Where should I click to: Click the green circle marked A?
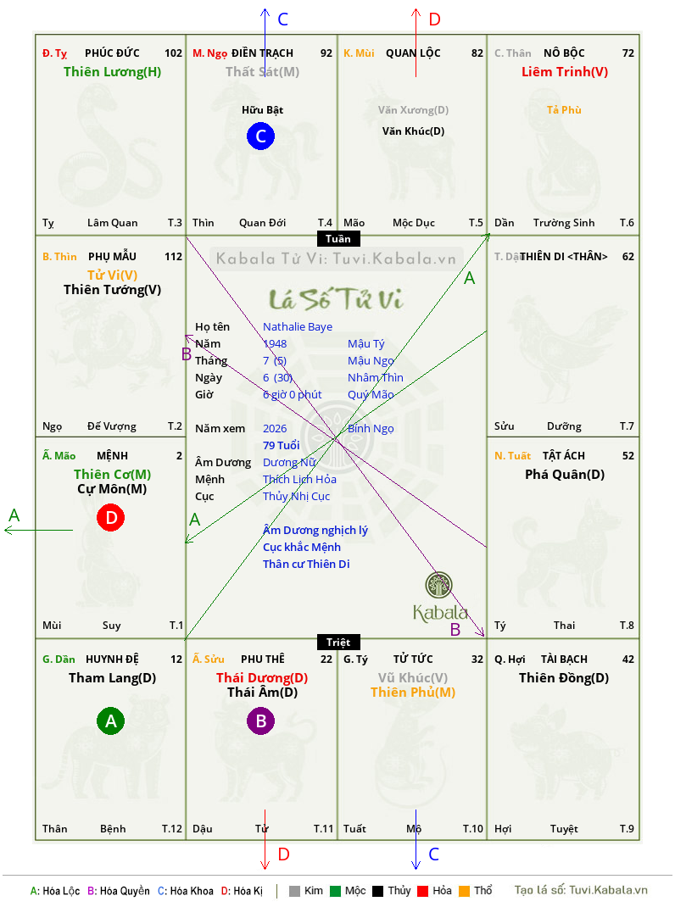pyautogui.click(x=110, y=721)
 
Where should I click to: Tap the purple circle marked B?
pyautogui.click(x=260, y=721)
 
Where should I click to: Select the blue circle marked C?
pyautogui.click(x=260, y=136)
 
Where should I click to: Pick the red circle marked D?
pyautogui.click(x=110, y=517)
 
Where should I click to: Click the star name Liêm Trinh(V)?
pyautogui.click(x=564, y=72)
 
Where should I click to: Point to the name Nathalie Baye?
pyautogui.click(x=298, y=326)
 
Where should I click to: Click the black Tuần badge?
pyautogui.click(x=337, y=238)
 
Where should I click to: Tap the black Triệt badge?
pyautogui.click(x=337, y=642)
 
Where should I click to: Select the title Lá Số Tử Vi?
pyautogui.click(x=336, y=298)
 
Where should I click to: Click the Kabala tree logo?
pyautogui.click(x=439, y=586)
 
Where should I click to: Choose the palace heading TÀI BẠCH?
pyautogui.click(x=564, y=659)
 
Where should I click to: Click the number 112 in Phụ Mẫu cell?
pyautogui.click(x=173, y=256)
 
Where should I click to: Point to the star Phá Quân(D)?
pyautogui.click(x=564, y=474)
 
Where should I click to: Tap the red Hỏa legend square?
pyautogui.click(x=421, y=891)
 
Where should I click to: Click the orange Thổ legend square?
pyautogui.click(x=463, y=891)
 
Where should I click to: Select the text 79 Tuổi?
pyautogui.click(x=282, y=445)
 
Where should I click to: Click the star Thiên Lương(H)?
pyautogui.click(x=112, y=72)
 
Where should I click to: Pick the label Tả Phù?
pyautogui.click(x=564, y=109)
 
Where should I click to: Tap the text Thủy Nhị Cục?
pyautogui.click(x=296, y=496)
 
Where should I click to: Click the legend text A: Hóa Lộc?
pyautogui.click(x=54, y=891)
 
